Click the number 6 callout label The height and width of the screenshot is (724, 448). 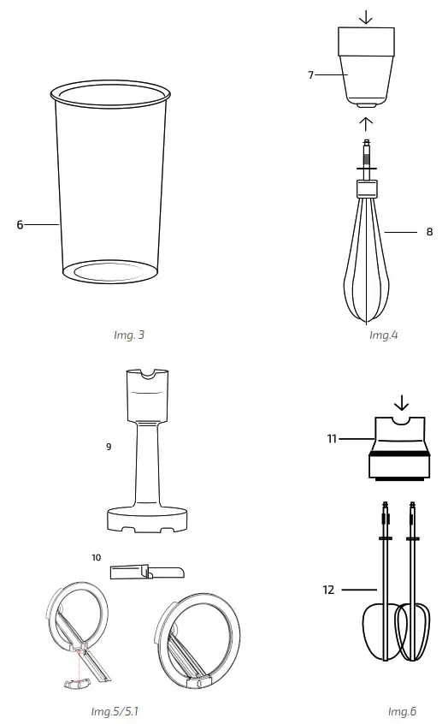[x=20, y=225]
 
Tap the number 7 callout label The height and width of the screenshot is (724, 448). [x=311, y=75]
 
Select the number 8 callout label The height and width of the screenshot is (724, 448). [x=429, y=231]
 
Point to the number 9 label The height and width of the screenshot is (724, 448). [x=109, y=447]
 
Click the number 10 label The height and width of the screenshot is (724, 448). [x=97, y=557]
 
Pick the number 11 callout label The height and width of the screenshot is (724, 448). [x=331, y=439]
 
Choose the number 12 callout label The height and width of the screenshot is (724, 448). [x=329, y=590]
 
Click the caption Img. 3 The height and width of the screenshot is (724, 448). [x=129, y=335]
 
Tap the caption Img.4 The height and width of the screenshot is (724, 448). [x=383, y=335]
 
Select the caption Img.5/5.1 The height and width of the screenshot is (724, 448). [x=115, y=711]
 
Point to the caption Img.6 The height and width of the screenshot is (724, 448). [x=402, y=711]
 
